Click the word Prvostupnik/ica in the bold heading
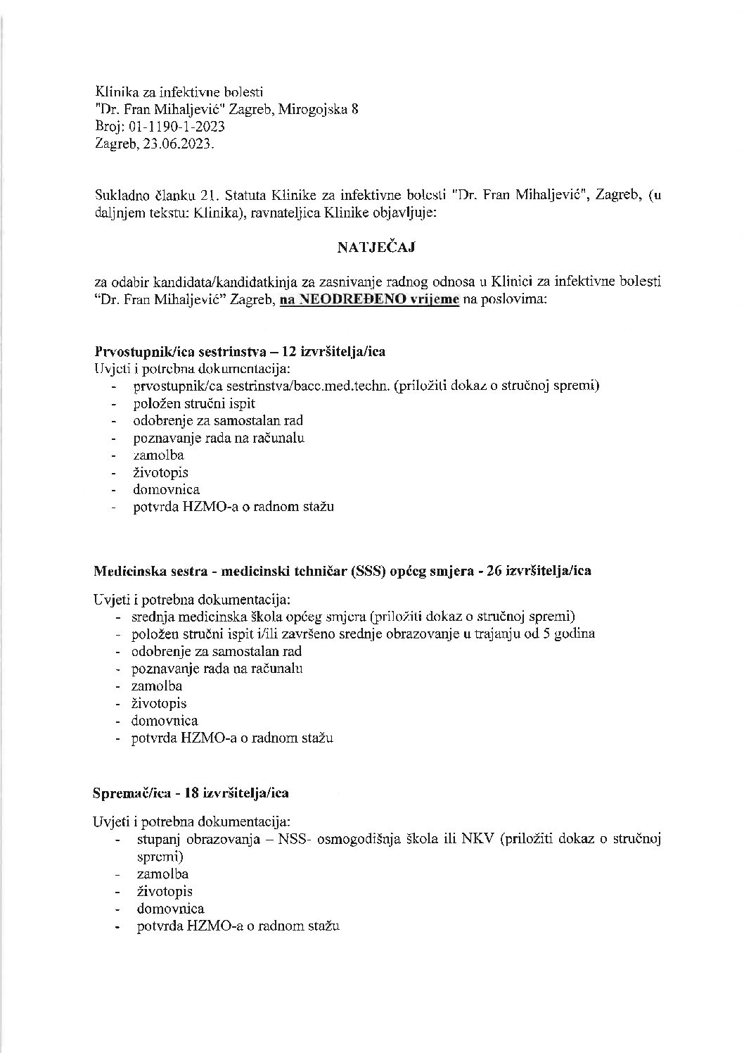pyautogui.click(x=136, y=352)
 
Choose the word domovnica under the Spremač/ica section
pyautogui.click(x=170, y=909)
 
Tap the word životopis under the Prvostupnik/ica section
pyautogui.click(x=160, y=472)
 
